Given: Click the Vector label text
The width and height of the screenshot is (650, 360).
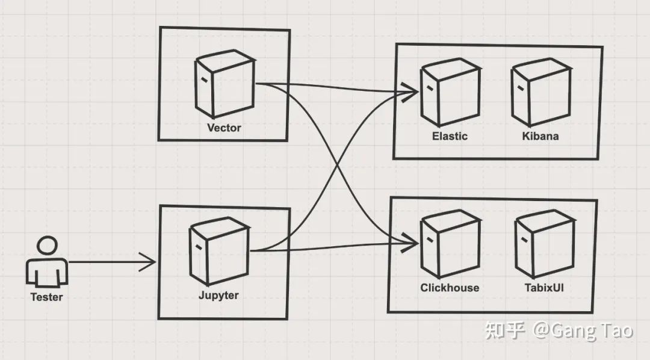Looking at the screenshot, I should click(224, 128).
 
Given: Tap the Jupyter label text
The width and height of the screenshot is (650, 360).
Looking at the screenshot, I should click(218, 296).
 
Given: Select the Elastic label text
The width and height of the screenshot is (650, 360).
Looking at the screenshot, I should click(450, 136).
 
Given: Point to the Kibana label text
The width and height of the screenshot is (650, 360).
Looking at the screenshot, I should click(540, 136).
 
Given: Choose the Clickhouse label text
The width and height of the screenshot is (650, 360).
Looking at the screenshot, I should click(450, 288).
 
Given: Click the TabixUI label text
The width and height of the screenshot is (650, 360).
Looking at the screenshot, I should click(543, 288).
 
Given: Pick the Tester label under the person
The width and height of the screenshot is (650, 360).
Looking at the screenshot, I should click(46, 297).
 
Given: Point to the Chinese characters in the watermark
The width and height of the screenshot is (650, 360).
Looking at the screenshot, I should click(506, 331).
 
